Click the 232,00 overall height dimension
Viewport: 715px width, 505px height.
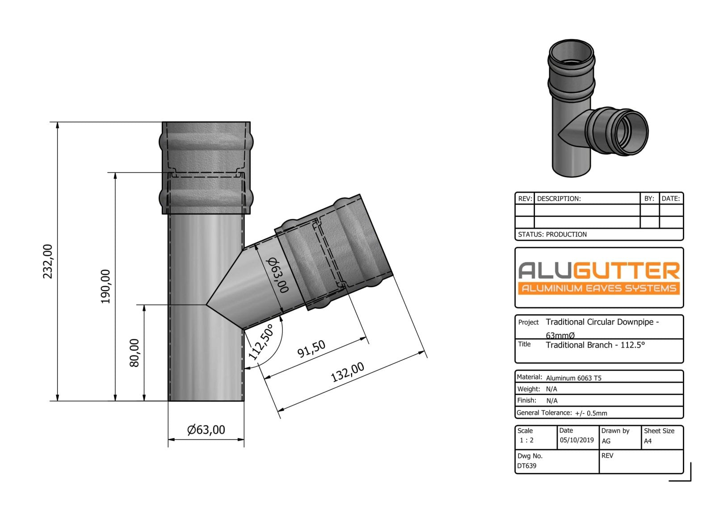pyautogui.click(x=48, y=261)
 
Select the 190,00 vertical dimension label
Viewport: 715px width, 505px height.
pyautogui.click(x=105, y=286)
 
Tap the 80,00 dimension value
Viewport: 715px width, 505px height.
pyautogui.click(x=135, y=352)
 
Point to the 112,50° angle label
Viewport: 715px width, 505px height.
pyautogui.click(x=261, y=342)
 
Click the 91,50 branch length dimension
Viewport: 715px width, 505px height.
pyautogui.click(x=311, y=349)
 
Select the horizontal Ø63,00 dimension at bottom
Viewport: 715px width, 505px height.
pyautogui.click(x=206, y=430)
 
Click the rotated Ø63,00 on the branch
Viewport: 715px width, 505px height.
pyautogui.click(x=278, y=275)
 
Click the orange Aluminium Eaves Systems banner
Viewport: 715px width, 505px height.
pyautogui.click(x=599, y=288)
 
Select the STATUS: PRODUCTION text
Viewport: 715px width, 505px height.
pyautogui.click(x=552, y=234)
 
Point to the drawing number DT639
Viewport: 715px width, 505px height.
pyautogui.click(x=527, y=466)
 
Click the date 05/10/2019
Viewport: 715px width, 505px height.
pyautogui.click(x=576, y=440)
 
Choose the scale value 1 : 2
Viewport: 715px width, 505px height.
pyautogui.click(x=526, y=440)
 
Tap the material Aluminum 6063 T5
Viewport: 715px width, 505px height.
pyautogui.click(x=574, y=378)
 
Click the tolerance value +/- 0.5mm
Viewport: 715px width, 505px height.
pyautogui.click(x=591, y=413)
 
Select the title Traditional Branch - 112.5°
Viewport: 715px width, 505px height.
pyautogui.click(x=595, y=345)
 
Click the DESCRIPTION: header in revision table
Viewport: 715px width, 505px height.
pyautogui.click(x=559, y=199)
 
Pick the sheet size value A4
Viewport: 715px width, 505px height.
pyautogui.click(x=648, y=441)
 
